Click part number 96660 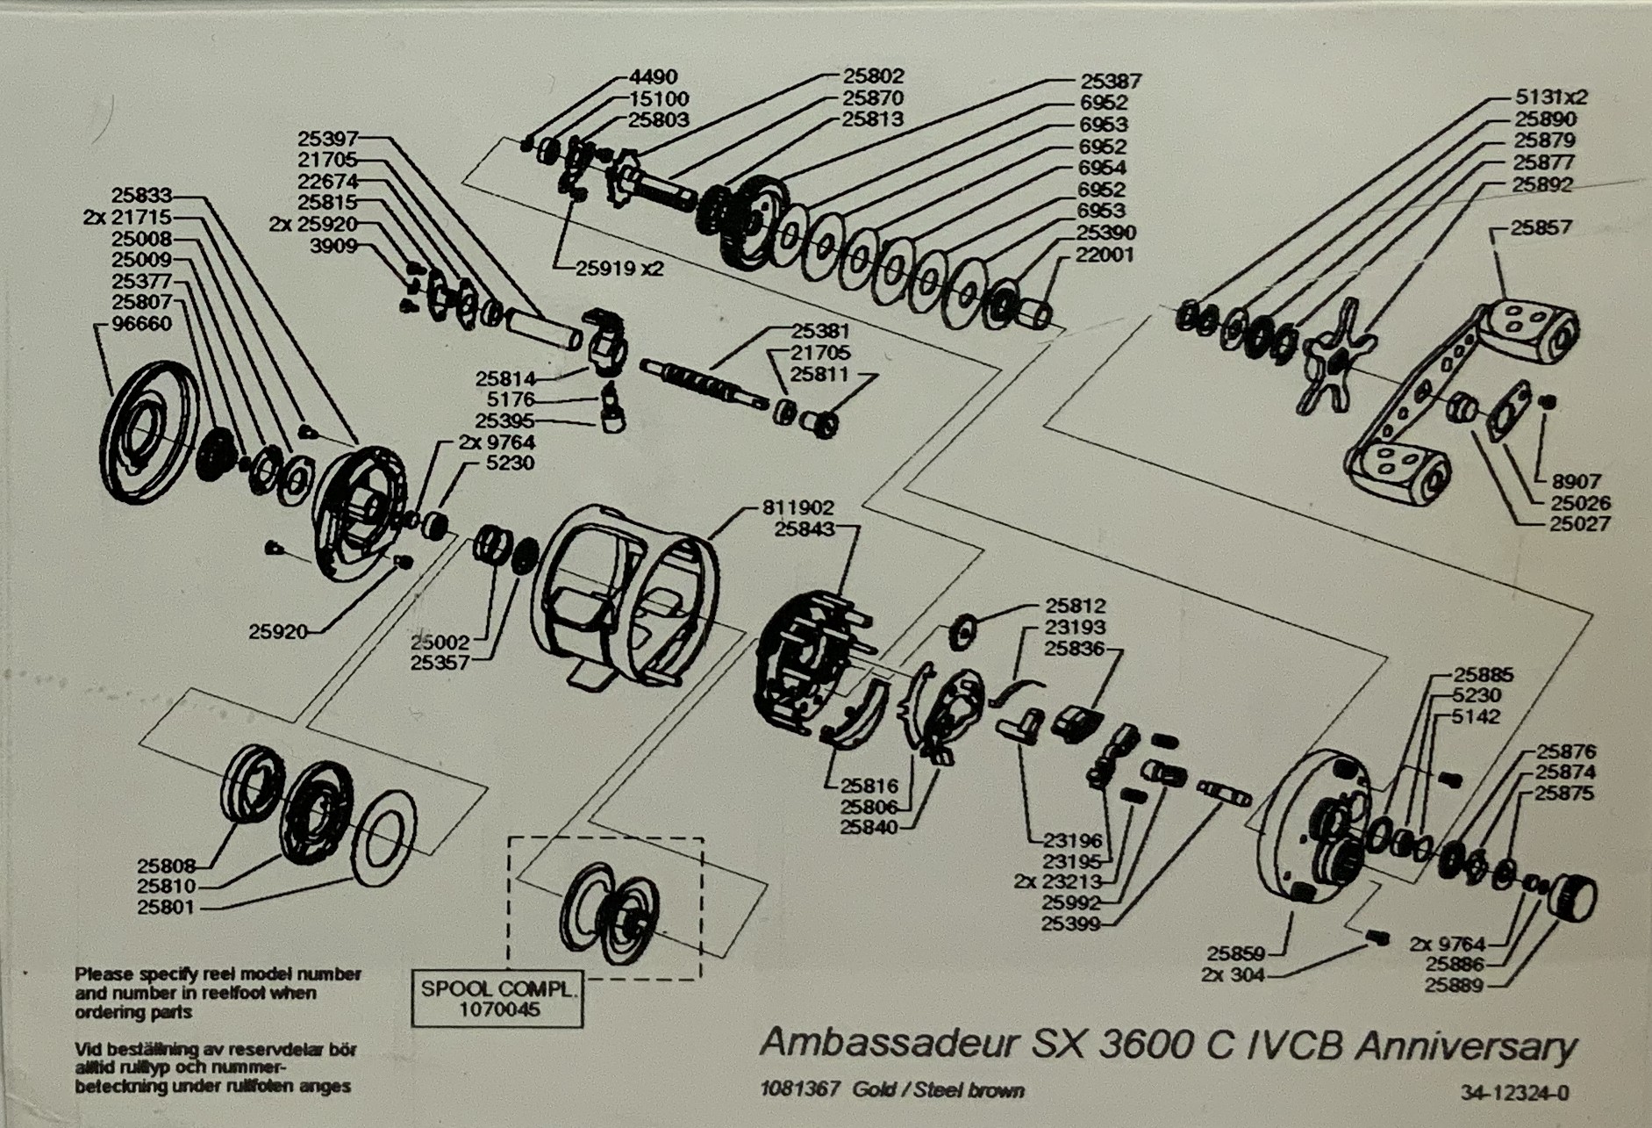point(143,325)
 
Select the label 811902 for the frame point(797,508)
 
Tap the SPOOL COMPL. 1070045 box point(497,999)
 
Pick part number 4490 point(654,77)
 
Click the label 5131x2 point(1551,97)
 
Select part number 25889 point(1454,986)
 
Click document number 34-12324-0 point(1515,1094)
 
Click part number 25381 point(821,332)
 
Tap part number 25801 point(167,908)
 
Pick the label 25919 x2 point(619,269)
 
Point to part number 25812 point(1076,607)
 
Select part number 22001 point(1105,255)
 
